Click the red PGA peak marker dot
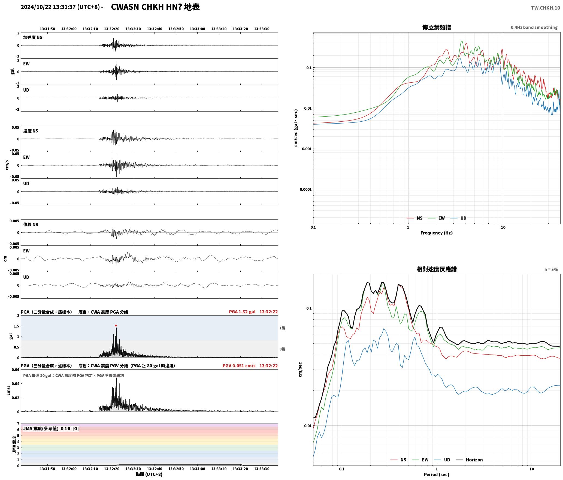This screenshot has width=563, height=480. [x=116, y=325]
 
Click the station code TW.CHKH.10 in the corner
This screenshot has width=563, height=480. [x=545, y=8]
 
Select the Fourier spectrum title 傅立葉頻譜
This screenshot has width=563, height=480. [x=436, y=27]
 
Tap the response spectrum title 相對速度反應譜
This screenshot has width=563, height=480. [x=437, y=269]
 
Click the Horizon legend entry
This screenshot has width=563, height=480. [x=469, y=460]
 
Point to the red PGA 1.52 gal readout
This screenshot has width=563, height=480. [x=242, y=312]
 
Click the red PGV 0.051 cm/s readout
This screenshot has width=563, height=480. [x=239, y=366]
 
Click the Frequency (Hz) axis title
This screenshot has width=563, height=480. [x=436, y=233]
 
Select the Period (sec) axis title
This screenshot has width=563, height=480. [x=436, y=475]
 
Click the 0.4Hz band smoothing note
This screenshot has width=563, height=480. [x=534, y=28]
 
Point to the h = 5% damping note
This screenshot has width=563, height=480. [x=551, y=269]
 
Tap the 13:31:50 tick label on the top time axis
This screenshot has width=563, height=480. [x=47, y=29]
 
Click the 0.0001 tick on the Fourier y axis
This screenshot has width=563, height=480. [x=305, y=190]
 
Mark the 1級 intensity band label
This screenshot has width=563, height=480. [x=282, y=328]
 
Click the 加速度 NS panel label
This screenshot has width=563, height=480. [x=33, y=37]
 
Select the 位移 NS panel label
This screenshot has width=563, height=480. [x=31, y=224]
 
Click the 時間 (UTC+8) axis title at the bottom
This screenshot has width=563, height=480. [x=149, y=474]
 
